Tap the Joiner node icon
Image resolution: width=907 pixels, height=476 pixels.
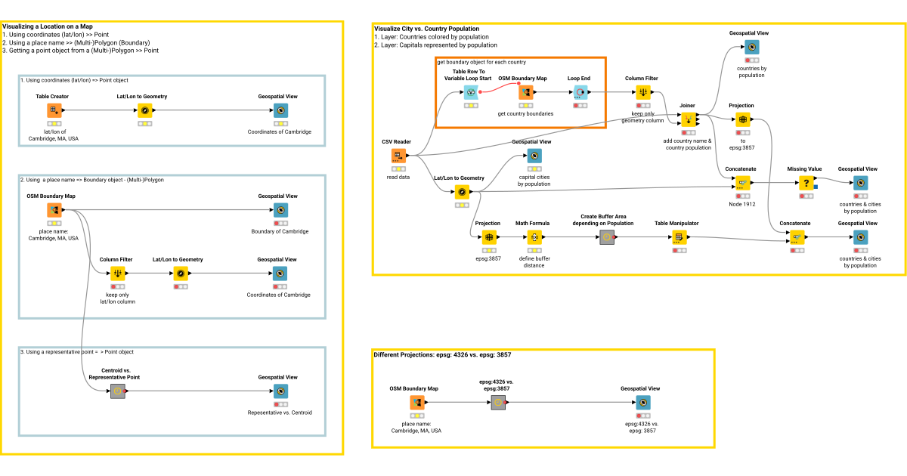688,119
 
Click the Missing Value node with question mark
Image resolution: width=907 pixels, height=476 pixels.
806,183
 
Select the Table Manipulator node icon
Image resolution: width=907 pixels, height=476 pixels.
677,237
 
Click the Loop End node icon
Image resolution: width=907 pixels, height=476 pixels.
579,92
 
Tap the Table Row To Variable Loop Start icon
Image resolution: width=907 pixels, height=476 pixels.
472,92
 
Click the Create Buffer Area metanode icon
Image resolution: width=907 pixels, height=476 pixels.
606,237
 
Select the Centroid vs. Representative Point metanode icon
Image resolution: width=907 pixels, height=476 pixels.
117,391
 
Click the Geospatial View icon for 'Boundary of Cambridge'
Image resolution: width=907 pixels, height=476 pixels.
280,209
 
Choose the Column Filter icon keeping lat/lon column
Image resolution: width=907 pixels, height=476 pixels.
117,273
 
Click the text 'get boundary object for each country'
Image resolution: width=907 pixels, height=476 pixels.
481,62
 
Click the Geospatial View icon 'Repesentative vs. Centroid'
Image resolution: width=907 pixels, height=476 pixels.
280,391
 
